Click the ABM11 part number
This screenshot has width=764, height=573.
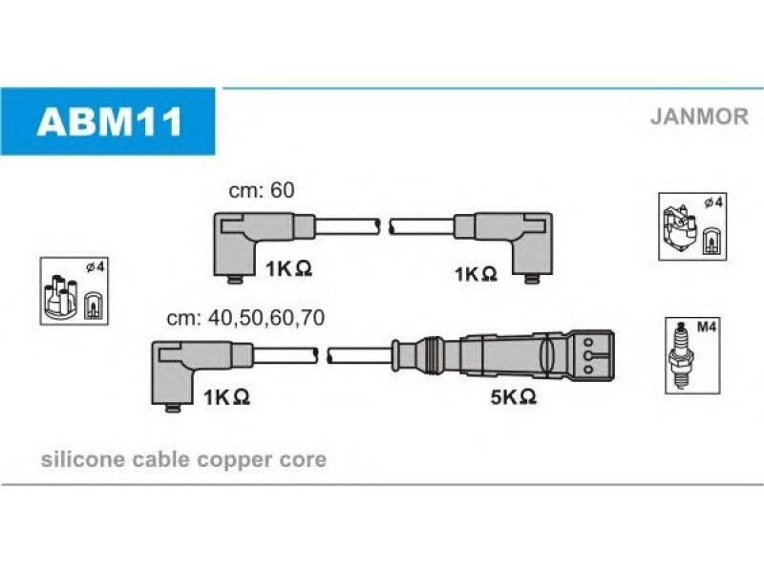tap(110, 121)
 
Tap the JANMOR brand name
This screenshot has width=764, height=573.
tap(699, 117)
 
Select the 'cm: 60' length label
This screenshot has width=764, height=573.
tap(262, 190)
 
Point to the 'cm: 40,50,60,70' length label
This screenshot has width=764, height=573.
tap(245, 318)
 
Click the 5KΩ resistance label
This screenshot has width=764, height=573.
tap(514, 397)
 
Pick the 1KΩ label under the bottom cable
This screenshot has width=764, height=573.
tap(226, 397)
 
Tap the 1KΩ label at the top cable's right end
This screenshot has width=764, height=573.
tap(476, 274)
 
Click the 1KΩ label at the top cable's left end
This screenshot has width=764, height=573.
tap(288, 268)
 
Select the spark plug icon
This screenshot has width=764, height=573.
tap(681, 355)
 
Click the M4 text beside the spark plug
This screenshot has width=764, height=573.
tap(706, 328)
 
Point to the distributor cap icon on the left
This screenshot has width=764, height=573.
tap(60, 298)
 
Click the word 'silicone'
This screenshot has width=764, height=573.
tap(83, 459)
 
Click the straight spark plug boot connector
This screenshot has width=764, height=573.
tap(503, 355)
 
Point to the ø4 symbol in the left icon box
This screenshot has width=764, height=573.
tap(95, 267)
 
